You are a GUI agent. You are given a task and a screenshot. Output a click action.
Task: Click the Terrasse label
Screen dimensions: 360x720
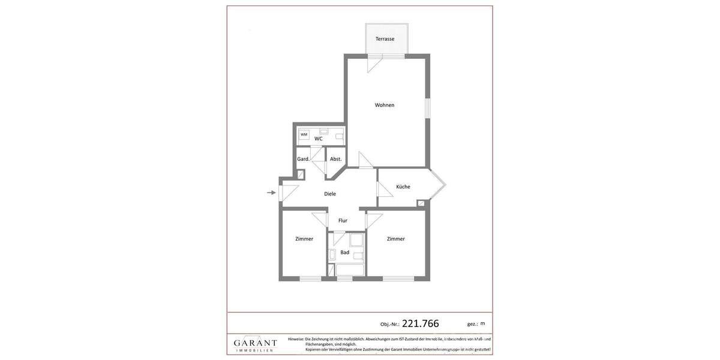(385, 39)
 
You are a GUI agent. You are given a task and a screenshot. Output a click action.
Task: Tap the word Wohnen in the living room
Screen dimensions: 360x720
(385, 105)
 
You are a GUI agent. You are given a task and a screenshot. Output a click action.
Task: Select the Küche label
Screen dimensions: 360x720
(403, 187)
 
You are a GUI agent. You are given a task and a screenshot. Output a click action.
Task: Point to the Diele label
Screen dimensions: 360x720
(330, 194)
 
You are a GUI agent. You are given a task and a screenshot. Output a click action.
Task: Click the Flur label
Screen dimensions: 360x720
(343, 220)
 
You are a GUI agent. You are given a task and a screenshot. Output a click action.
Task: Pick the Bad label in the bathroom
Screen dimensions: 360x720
(345, 253)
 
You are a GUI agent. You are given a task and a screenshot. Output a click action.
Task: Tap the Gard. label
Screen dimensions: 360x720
(304, 159)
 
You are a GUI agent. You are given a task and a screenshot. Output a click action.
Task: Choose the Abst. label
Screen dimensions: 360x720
(336, 159)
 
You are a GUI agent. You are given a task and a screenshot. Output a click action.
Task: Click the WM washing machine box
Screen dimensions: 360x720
(304, 135)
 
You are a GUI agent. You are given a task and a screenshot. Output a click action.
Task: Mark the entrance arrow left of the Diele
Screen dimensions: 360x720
(271, 193)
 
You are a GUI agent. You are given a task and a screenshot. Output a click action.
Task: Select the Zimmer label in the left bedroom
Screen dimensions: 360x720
(304, 239)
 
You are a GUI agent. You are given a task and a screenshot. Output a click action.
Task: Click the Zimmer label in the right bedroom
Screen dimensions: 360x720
(396, 239)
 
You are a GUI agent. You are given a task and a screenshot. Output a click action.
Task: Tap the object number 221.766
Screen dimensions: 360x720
(421, 323)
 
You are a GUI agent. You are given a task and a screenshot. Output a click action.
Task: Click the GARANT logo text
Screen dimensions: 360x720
(256, 343)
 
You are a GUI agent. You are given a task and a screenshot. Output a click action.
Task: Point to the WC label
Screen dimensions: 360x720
(319, 139)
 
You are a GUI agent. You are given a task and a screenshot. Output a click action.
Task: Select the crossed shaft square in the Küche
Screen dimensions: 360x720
(421, 203)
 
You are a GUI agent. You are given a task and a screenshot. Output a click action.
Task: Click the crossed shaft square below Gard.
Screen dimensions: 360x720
(301, 175)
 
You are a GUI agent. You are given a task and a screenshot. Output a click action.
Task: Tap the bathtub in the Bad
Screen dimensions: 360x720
(350, 269)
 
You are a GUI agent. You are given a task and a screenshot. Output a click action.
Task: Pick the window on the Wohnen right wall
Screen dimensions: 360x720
(428, 108)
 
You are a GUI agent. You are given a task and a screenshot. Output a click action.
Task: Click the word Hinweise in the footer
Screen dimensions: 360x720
(296, 339)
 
